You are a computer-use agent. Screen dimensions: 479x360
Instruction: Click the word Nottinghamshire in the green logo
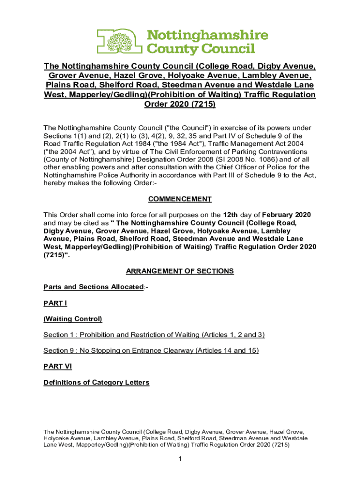[208, 36]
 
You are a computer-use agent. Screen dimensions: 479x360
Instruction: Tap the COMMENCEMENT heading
[180, 199]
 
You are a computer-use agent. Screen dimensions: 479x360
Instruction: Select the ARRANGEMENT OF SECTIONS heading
[180, 271]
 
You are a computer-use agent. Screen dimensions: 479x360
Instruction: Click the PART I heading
[55, 303]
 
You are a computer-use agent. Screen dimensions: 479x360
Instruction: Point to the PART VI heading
[57, 366]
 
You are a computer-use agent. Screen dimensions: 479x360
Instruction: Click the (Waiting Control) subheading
[72, 319]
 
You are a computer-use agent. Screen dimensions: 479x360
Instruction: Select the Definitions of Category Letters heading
[96, 382]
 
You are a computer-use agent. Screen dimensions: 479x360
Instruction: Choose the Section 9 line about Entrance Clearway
[151, 350]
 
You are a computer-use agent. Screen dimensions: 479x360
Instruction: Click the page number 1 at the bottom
[180, 459]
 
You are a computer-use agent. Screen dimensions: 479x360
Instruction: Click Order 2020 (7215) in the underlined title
[180, 105]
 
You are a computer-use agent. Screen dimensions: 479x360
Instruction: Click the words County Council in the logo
[201, 48]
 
